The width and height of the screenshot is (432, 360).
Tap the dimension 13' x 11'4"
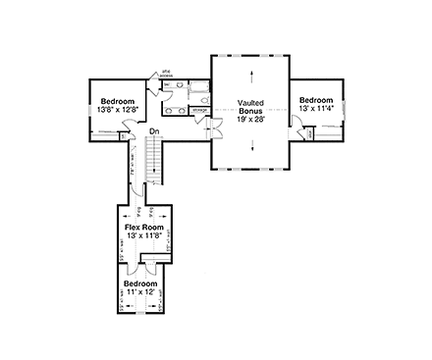coord(317,108)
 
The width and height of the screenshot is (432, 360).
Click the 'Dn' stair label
coord(155,131)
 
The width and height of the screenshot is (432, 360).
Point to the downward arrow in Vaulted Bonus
coord(253,146)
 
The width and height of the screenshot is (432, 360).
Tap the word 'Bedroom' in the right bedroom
coord(317,99)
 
